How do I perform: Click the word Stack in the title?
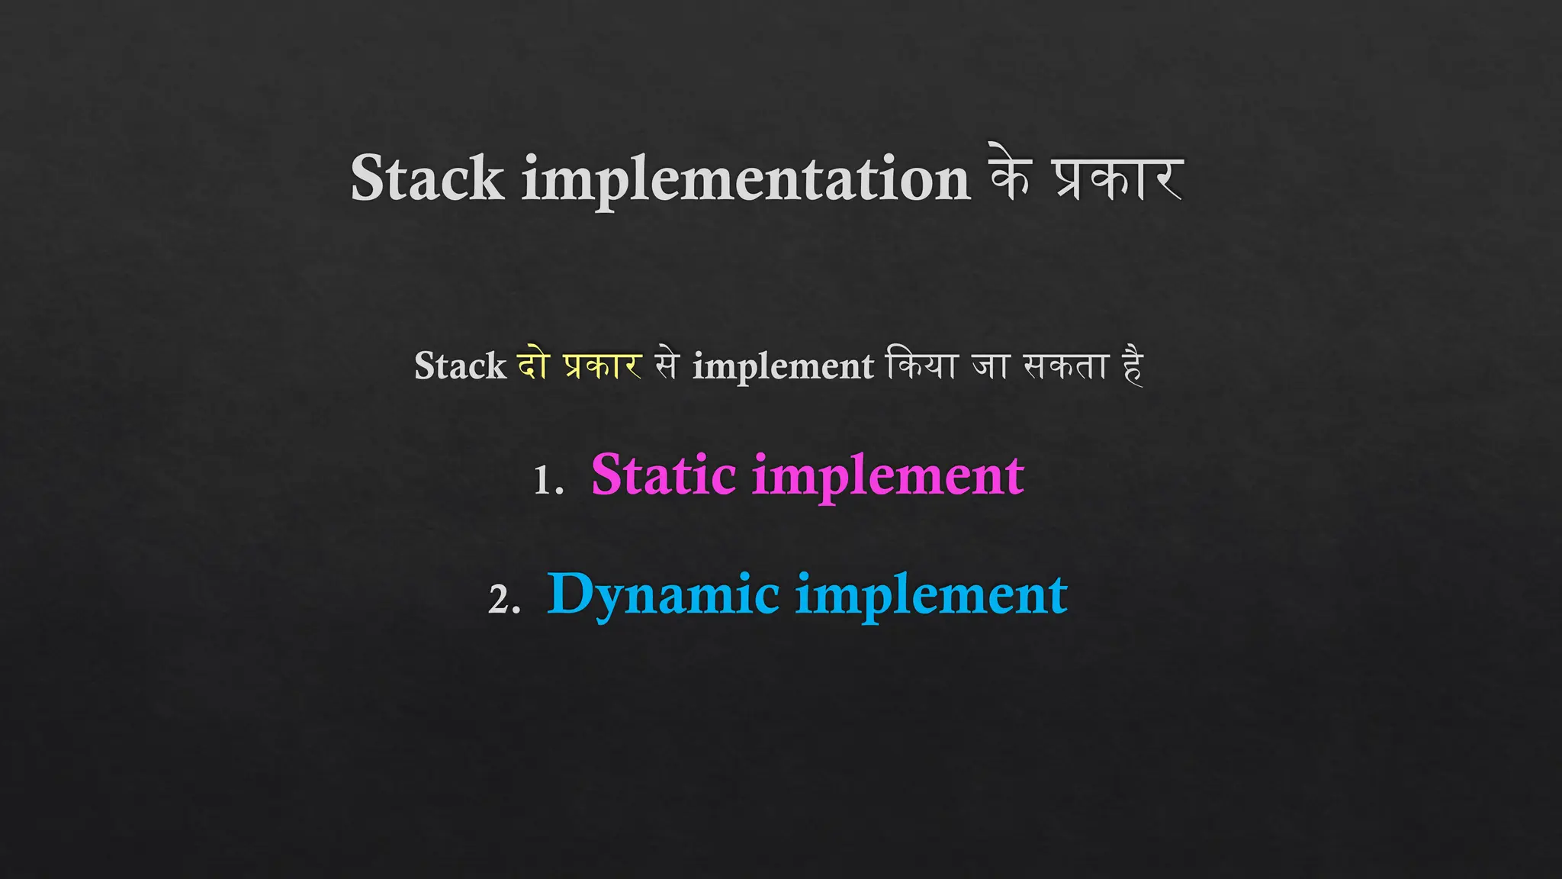427,179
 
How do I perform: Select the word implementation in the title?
746,180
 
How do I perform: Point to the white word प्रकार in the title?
1118,180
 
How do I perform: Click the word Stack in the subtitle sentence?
460,366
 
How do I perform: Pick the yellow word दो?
534,365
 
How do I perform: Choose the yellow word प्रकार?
603,366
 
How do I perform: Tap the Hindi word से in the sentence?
666,365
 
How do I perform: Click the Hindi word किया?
921,365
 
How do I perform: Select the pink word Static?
663,475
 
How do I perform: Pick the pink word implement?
888,478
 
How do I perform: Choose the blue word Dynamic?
663,595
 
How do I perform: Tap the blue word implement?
931,597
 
